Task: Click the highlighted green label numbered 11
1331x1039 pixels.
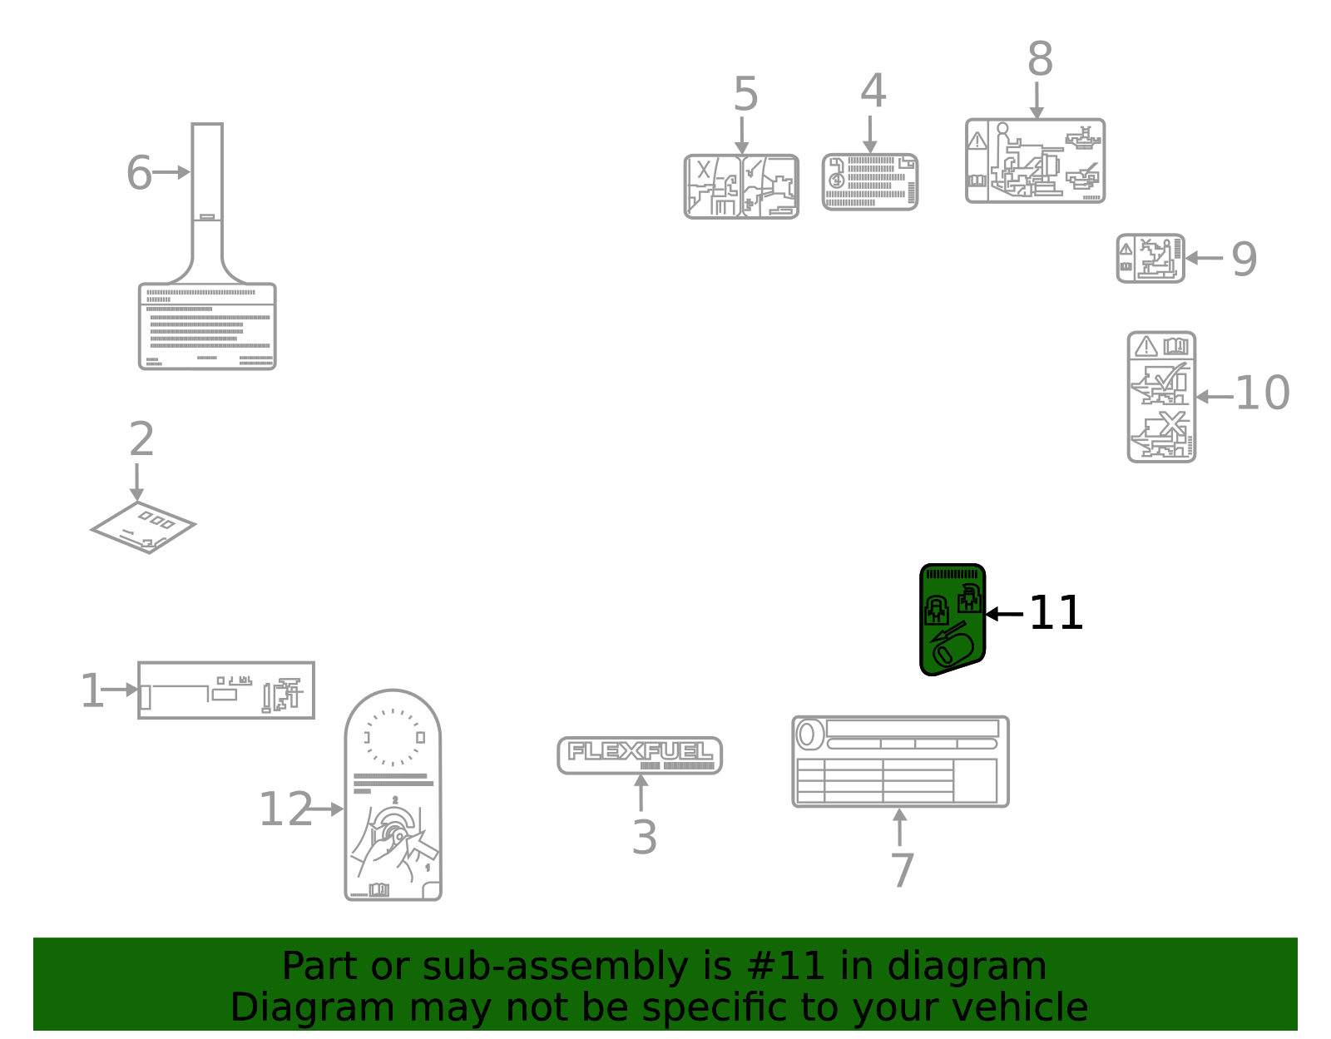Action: point(952,620)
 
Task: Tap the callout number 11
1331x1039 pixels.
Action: point(1056,614)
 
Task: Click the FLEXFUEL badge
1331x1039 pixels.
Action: point(640,755)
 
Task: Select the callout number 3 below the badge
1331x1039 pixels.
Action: point(644,837)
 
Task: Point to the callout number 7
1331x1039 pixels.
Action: point(902,870)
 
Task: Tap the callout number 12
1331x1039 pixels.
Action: point(285,809)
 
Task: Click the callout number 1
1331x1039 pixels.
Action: point(92,691)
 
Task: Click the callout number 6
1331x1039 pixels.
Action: point(139,173)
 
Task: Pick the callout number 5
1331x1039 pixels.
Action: point(745,94)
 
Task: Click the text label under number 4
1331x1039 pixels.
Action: point(870,182)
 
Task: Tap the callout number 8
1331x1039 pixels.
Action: point(1040,60)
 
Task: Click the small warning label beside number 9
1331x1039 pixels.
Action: point(1150,258)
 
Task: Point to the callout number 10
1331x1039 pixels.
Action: point(1262,393)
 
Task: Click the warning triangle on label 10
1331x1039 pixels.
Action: point(1146,346)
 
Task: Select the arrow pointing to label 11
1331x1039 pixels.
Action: point(1004,614)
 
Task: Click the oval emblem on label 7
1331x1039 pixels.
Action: point(806,735)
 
